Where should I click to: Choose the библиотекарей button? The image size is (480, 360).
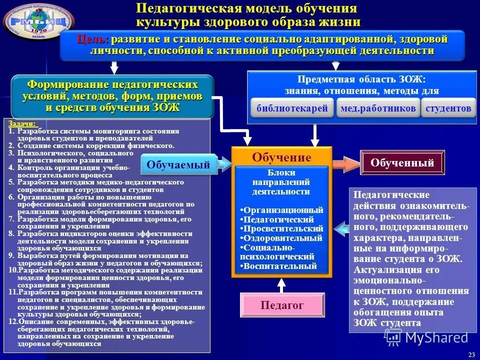pyautogui.click(x=292, y=108)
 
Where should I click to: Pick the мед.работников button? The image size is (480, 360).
pyautogui.click(x=377, y=108)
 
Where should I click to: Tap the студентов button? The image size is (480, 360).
pyautogui.click(x=448, y=108)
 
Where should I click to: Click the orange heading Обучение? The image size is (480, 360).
pyautogui.click(x=281, y=158)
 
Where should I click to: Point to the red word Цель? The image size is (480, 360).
pyautogui.click(x=93, y=39)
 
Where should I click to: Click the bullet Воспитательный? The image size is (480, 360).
pyautogui.click(x=278, y=266)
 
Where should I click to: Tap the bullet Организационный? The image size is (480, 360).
pyautogui.click(x=282, y=210)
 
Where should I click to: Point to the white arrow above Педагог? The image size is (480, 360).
pyautogui.click(x=282, y=285)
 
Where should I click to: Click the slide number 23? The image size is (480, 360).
pyautogui.click(x=471, y=354)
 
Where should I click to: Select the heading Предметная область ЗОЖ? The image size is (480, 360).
pyautogui.click(x=361, y=79)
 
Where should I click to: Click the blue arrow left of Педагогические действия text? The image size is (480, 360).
pyautogui.click(x=341, y=229)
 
